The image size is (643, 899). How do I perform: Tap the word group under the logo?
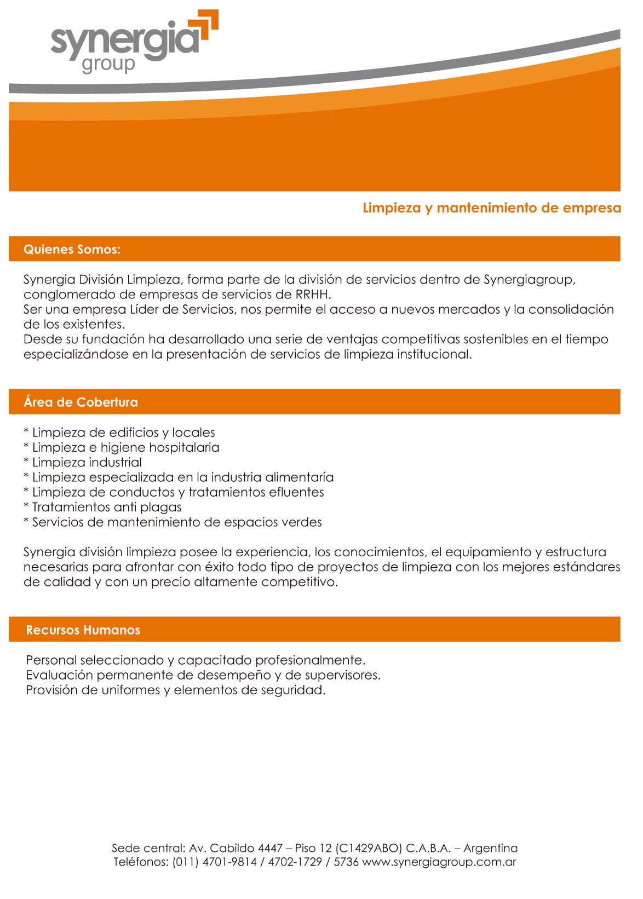click(x=108, y=64)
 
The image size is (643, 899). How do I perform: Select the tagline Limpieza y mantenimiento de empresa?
click(x=491, y=208)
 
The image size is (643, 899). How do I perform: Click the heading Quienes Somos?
click(x=72, y=250)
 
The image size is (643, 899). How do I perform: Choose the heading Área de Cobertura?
click(x=81, y=402)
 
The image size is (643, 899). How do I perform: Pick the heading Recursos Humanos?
click(x=83, y=630)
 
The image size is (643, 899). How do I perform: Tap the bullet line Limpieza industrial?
click(x=87, y=463)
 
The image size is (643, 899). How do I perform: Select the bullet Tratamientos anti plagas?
click(x=106, y=508)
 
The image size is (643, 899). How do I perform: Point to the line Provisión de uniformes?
click(x=175, y=690)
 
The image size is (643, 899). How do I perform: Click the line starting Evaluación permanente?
click(x=203, y=676)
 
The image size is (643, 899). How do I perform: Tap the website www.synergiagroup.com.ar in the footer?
click(x=439, y=862)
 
